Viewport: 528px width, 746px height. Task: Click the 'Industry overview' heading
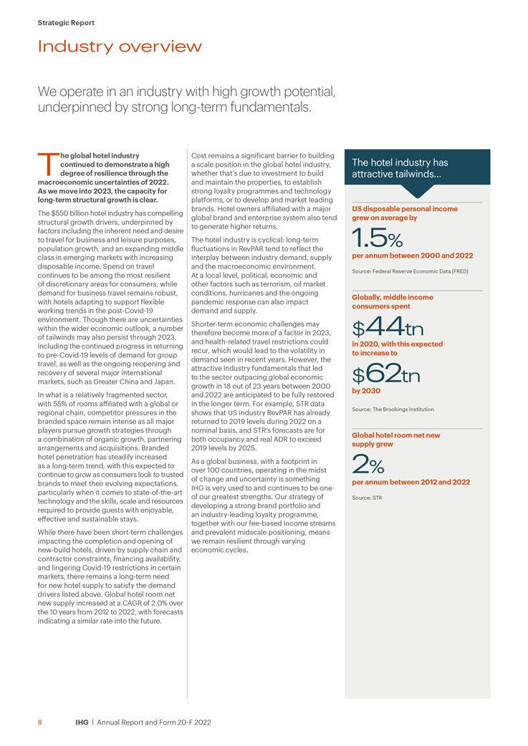(x=120, y=47)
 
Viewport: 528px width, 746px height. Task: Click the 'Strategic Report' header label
(x=66, y=23)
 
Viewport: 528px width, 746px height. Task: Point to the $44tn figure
(x=388, y=329)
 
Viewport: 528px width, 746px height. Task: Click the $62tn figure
(x=385, y=375)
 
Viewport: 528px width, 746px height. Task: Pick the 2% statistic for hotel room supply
(x=369, y=465)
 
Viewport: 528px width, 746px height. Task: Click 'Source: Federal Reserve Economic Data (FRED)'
(x=410, y=272)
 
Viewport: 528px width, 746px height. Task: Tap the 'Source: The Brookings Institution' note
(x=393, y=410)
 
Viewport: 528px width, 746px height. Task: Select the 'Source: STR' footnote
(x=368, y=497)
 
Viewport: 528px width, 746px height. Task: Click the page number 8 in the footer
(x=40, y=722)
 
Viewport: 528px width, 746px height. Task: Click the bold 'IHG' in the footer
(x=82, y=722)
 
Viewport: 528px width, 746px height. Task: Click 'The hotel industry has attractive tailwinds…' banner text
(x=400, y=168)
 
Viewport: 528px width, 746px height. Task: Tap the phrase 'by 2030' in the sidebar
(x=366, y=392)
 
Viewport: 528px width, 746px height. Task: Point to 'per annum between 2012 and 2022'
(x=411, y=482)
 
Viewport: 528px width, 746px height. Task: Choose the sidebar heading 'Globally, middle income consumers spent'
(x=392, y=301)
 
